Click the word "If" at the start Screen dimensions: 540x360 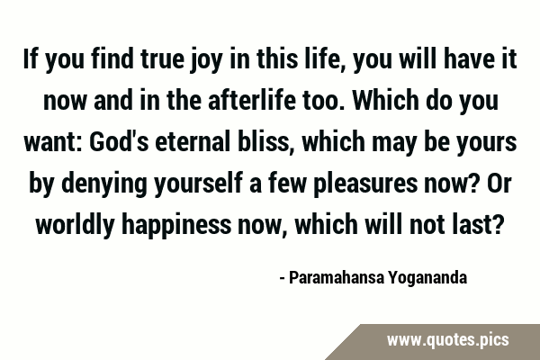click(30, 58)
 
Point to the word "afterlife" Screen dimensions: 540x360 click(252, 100)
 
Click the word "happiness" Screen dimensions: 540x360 click(176, 226)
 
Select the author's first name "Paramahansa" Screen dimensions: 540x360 click(337, 278)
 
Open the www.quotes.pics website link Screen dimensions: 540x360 click(447, 340)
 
